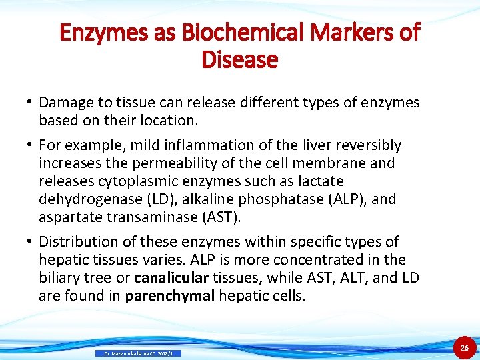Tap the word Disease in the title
pyautogui.click(x=239, y=60)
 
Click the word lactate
pyautogui.click(x=321, y=181)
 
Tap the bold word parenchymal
pyautogui.click(x=170, y=295)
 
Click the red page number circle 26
pyautogui.click(x=465, y=347)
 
